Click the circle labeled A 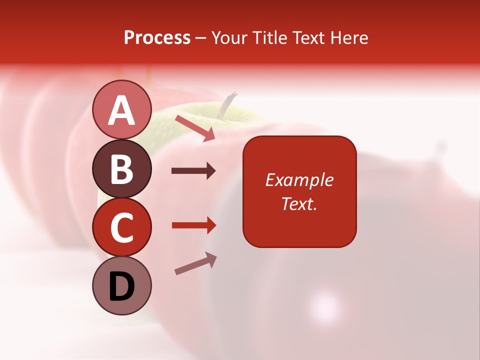121,110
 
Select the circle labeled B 121,168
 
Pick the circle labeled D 121,285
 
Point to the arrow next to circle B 193,171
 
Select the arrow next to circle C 194,225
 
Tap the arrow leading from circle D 195,263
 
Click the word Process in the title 157,37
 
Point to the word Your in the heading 230,37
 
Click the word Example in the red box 299,180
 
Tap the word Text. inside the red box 299,203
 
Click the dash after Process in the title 200,38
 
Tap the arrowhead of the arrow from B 210,171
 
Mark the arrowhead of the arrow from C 211,225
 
